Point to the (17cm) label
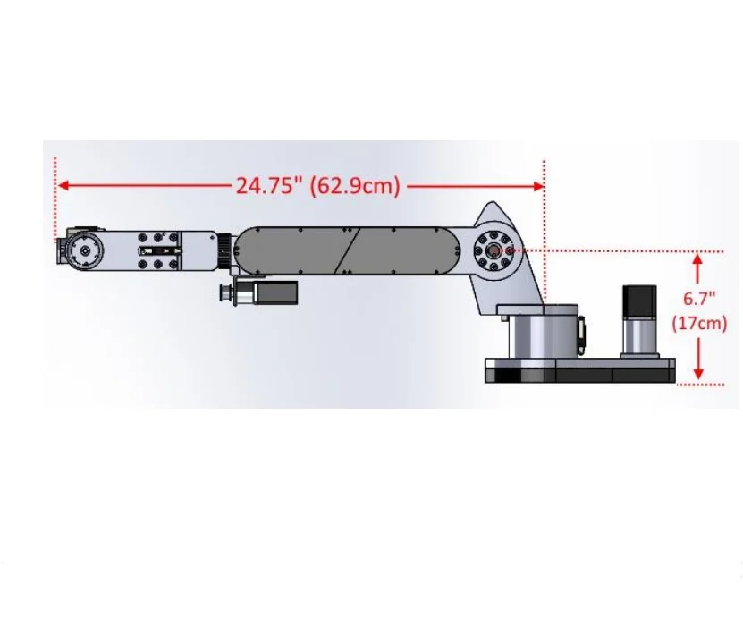pos(698,324)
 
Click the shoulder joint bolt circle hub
pos(493,250)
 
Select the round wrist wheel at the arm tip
pos(83,251)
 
